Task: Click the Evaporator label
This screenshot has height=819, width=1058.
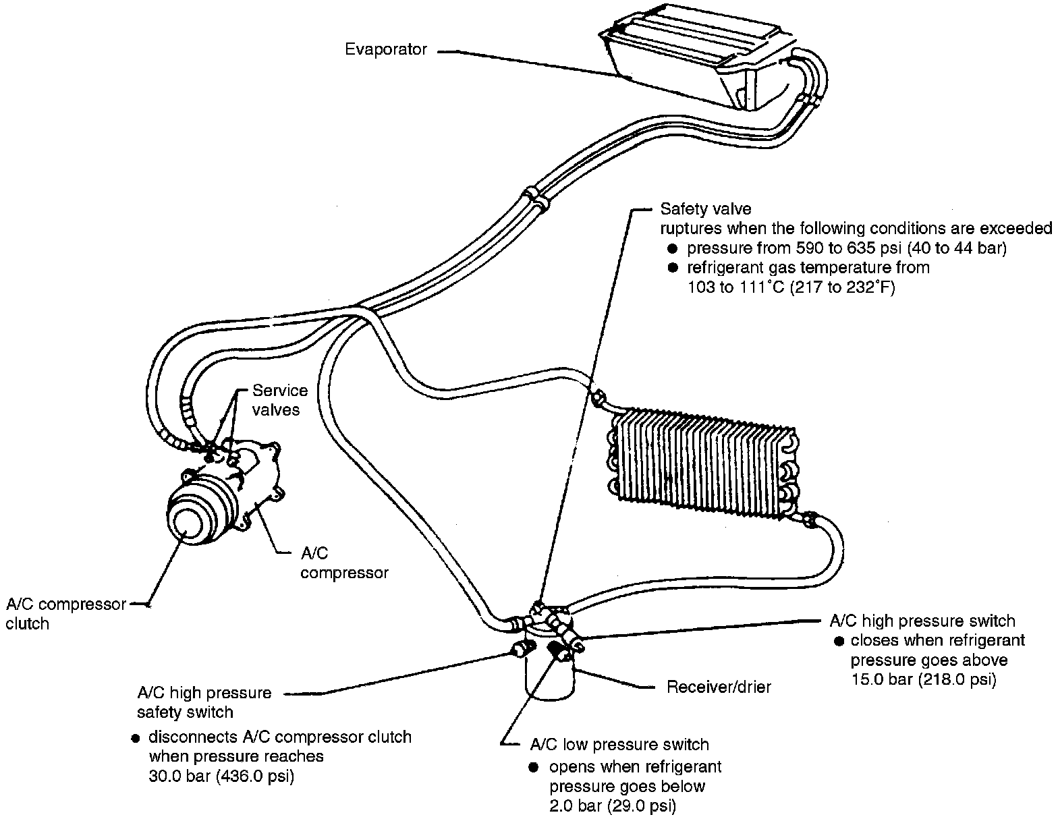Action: click(x=385, y=49)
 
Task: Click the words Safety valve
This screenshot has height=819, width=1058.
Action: click(x=705, y=209)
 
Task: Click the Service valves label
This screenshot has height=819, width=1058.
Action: click(x=279, y=399)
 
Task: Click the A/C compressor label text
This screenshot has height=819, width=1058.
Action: click(x=344, y=563)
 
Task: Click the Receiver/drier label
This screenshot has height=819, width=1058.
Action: click(x=719, y=687)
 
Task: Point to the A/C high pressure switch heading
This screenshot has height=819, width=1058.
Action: click(x=922, y=621)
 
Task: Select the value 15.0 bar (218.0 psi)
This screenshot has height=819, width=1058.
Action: click(x=923, y=679)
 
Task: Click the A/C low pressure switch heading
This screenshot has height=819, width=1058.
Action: click(x=619, y=745)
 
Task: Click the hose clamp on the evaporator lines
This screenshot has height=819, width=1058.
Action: click(x=533, y=200)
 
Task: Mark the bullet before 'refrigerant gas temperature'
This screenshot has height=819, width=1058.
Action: click(x=672, y=268)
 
